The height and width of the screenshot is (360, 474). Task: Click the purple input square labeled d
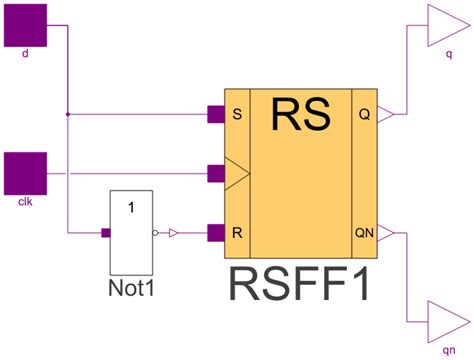coord(26,22)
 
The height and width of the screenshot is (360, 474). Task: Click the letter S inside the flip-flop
coord(236,115)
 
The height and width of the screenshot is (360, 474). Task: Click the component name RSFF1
coord(301,284)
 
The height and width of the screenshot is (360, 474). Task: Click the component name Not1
coord(132,290)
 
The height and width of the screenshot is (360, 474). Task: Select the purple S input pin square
coord(215,115)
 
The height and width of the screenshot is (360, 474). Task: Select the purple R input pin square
coord(215,234)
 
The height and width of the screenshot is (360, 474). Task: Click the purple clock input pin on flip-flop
coord(215,174)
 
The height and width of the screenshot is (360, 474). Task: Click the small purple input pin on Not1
coord(105,234)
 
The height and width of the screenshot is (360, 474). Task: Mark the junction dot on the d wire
coord(67,115)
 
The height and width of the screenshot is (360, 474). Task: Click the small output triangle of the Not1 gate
coord(173,234)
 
